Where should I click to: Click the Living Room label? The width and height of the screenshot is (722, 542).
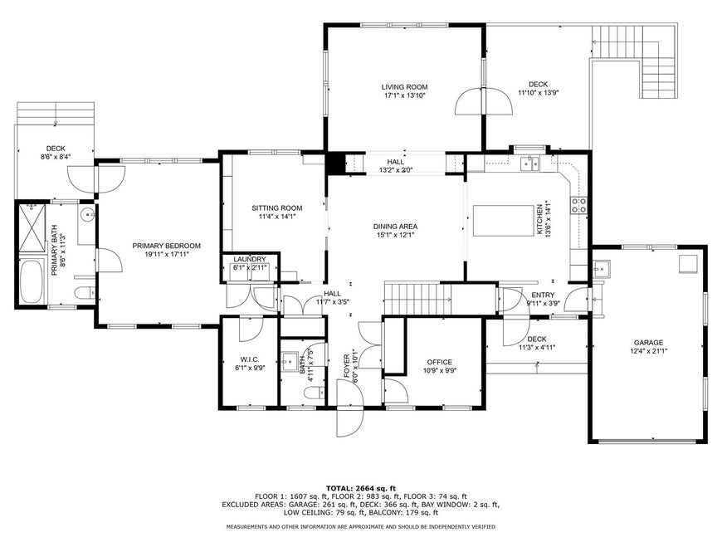pyautogui.click(x=404, y=86)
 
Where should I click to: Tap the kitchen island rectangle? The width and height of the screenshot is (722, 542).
pyautogui.click(x=503, y=221)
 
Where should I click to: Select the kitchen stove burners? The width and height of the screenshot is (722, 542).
pyautogui.click(x=578, y=205)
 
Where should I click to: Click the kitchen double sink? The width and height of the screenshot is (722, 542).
pyautogui.click(x=530, y=164)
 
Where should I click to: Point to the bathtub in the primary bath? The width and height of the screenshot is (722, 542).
pyautogui.click(x=32, y=281)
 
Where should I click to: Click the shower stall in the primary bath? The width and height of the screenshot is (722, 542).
pyautogui.click(x=32, y=227)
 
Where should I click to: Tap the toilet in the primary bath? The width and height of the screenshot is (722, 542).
pyautogui.click(x=85, y=292)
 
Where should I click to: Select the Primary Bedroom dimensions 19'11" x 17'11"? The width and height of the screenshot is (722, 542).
pyautogui.click(x=167, y=254)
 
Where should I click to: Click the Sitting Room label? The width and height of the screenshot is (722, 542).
pyautogui.click(x=276, y=208)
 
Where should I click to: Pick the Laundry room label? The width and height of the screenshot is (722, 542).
pyautogui.click(x=250, y=259)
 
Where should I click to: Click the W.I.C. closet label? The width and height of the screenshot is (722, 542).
pyautogui.click(x=250, y=359)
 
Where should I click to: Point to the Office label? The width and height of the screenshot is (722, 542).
pyautogui.click(x=439, y=362)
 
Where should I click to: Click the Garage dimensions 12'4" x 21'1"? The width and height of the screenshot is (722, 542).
pyautogui.click(x=648, y=350)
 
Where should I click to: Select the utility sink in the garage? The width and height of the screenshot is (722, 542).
pyautogui.click(x=601, y=268)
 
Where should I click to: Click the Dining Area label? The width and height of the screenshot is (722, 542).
pyautogui.click(x=395, y=227)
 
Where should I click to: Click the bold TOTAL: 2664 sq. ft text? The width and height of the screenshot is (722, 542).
pyautogui.click(x=360, y=488)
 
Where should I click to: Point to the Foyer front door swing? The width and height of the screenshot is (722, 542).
pyautogui.click(x=350, y=408)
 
